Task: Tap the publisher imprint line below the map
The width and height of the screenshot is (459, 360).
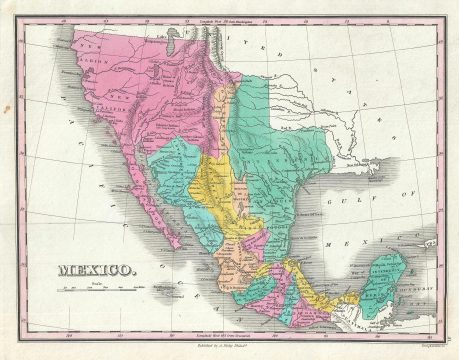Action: [229, 341]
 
